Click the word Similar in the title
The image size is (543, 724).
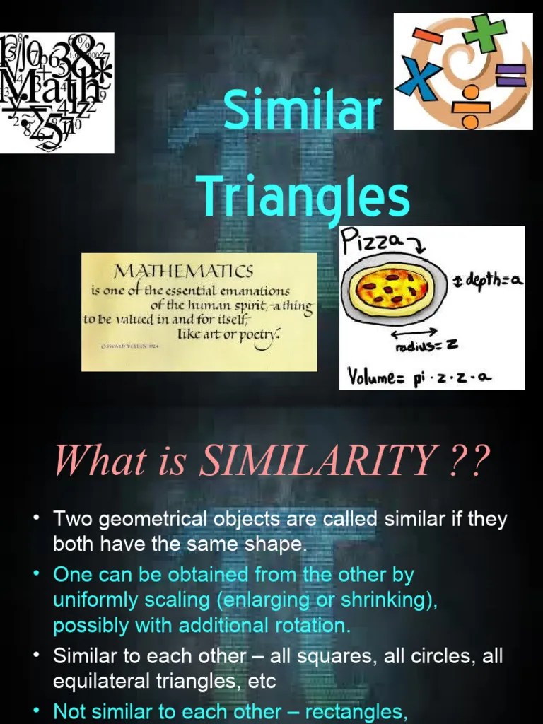pyautogui.click(x=302, y=111)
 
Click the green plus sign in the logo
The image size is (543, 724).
pyautogui.click(x=489, y=35)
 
